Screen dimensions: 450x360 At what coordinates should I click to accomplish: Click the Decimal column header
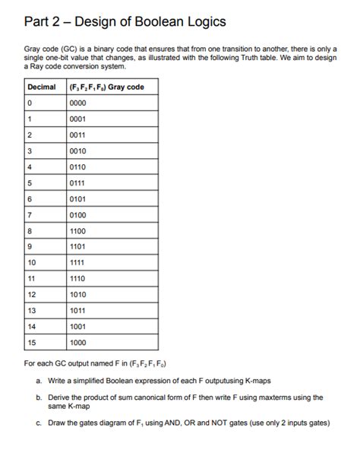tap(42, 87)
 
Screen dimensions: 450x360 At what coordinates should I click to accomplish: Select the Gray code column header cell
tap(107, 87)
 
